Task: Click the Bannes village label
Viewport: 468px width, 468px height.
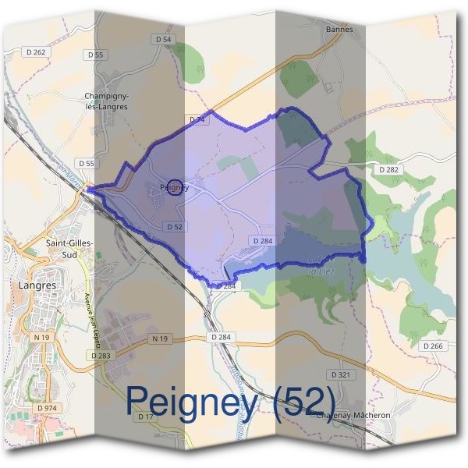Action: point(339,30)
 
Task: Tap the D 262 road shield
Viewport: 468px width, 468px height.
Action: point(35,52)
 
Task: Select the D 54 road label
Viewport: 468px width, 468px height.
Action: point(162,39)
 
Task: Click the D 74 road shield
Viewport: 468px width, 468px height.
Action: point(198,120)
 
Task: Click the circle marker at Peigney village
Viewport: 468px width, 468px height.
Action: point(175,187)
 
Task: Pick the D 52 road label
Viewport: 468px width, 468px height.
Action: point(174,226)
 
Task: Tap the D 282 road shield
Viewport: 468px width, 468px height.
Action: point(388,169)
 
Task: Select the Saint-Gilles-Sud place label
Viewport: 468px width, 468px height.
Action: point(69,248)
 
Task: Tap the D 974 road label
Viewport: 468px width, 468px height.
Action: point(46,408)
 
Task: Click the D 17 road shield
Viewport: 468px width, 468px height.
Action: point(146,417)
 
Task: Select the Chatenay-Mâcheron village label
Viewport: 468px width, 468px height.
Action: point(353,416)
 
